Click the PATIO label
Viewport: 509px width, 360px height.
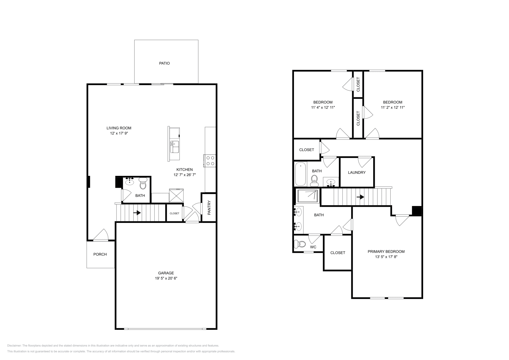[x=164, y=63]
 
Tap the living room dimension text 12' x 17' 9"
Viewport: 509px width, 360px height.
[x=119, y=133]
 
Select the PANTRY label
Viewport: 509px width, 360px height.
[x=209, y=207]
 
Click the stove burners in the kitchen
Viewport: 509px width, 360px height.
[x=210, y=161]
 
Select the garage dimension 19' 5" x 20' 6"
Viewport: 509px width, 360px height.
[x=166, y=278]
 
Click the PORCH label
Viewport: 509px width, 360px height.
[x=100, y=254]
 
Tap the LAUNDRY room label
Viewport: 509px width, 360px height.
[x=357, y=172]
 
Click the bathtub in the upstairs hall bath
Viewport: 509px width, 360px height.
[x=300, y=174]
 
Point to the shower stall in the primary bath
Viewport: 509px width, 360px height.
[x=307, y=196]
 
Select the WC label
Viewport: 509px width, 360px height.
[x=313, y=247]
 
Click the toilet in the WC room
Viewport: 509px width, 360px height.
[x=299, y=244]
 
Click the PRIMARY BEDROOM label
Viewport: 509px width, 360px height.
[x=386, y=252]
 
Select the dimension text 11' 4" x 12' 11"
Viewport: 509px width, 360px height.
[x=323, y=107]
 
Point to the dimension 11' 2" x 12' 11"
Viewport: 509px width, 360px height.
[x=393, y=107]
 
